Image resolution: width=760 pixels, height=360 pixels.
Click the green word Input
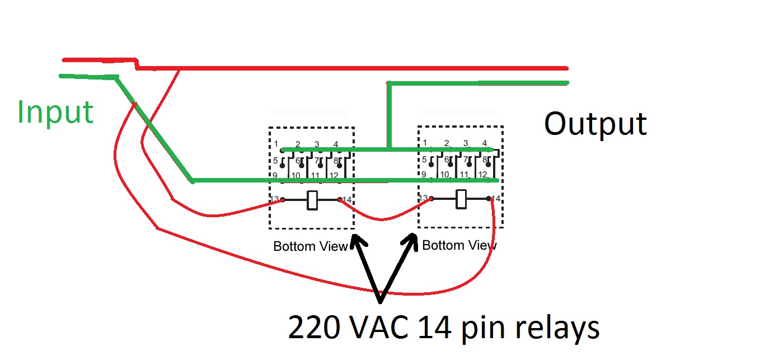pos(55,112)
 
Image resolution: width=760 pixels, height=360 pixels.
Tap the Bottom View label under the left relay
pos(310,246)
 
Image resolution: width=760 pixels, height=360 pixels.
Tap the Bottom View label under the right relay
pos(459,245)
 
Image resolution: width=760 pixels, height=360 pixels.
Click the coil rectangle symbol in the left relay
pos(312,200)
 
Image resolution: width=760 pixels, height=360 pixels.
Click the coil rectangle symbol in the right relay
pos(462,199)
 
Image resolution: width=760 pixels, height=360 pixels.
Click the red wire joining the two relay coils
pos(383,219)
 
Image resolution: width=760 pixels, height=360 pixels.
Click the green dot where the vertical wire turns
pos(388,83)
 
